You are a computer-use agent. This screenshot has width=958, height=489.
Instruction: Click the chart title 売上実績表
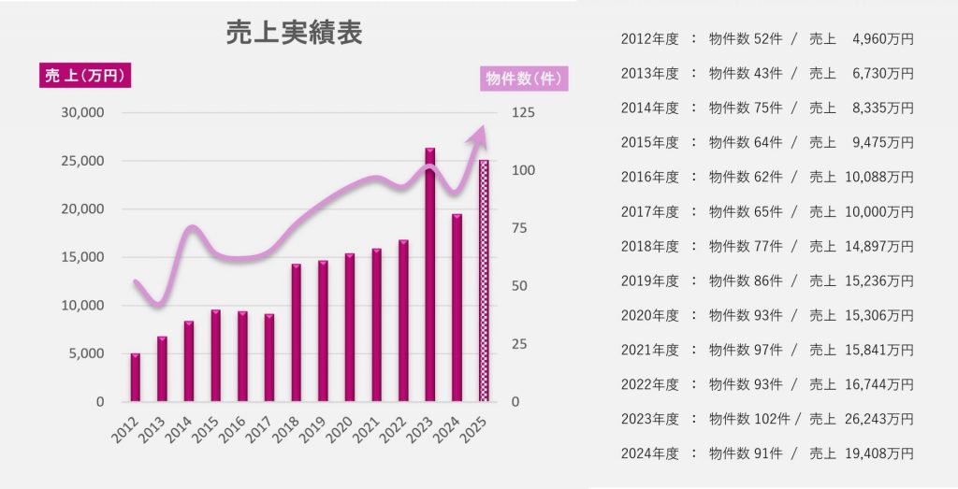coord(294,34)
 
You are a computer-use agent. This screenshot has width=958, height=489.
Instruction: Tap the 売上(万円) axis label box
coord(84,76)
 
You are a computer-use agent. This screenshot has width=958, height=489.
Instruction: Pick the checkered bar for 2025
coord(484,280)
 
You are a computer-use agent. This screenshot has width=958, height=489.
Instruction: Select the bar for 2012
coord(135,378)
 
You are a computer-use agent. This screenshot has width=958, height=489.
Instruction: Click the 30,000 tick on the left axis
coord(82,113)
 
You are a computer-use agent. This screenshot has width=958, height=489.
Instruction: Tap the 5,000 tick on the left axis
coord(86,353)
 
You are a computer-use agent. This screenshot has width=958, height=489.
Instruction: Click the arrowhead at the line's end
coord(479,137)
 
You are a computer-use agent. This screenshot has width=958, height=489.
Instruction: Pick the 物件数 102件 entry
coord(748,419)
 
